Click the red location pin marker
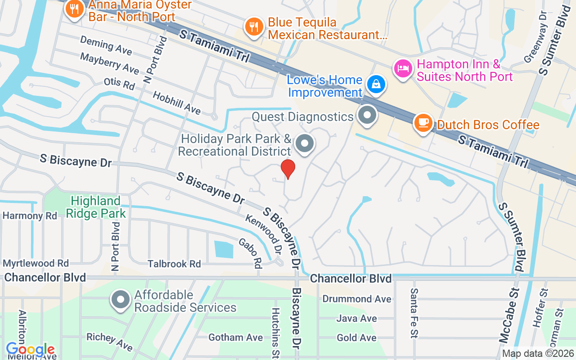(288, 169)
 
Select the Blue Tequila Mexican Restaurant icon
(254, 27)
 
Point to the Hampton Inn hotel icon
(402, 69)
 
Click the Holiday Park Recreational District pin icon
(305, 144)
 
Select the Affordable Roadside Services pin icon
(121, 300)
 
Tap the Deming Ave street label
(106, 45)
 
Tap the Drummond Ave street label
(357, 299)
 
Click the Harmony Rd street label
(30, 216)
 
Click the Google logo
(31, 349)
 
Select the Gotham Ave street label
(235, 337)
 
